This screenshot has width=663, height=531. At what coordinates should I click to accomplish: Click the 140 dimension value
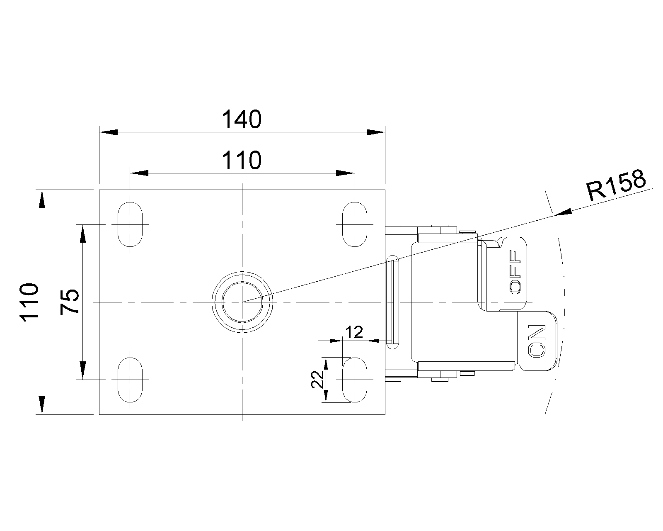point(242,119)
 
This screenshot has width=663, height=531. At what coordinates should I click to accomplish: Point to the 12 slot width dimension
point(354,332)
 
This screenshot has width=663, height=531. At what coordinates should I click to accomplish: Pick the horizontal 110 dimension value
point(242,160)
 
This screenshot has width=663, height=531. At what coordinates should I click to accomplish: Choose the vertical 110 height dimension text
point(30,302)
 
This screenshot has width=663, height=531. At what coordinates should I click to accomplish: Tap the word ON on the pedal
point(537,341)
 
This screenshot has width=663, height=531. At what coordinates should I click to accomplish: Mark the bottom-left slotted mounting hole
point(130,379)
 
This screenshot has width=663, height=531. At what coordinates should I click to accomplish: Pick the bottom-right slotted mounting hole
point(355,379)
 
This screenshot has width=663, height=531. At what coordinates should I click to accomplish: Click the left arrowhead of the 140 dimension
point(108,132)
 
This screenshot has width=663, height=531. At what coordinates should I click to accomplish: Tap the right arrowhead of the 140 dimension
point(376,132)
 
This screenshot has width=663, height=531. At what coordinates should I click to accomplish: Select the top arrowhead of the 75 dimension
point(83,233)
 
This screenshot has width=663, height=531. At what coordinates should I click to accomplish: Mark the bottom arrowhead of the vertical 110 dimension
point(41,405)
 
